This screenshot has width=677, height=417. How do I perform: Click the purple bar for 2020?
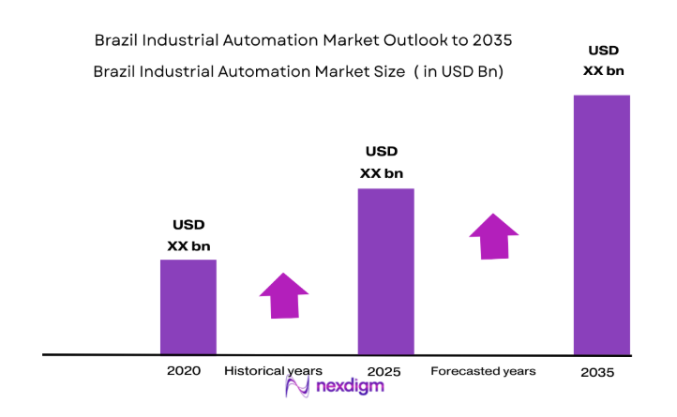pyautogui.click(x=188, y=306)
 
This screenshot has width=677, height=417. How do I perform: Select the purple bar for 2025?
pyautogui.click(x=385, y=271)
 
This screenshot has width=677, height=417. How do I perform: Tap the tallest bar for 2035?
pyautogui.click(x=601, y=224)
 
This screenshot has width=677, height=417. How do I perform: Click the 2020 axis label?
pyautogui.click(x=184, y=371)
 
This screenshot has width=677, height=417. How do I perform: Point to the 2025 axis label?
pyautogui.click(x=384, y=372)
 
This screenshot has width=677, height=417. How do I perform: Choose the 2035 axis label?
pyautogui.click(x=596, y=372)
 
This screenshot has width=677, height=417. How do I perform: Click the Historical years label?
pyautogui.click(x=273, y=371)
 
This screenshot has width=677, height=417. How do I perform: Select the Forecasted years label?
pyautogui.click(x=483, y=371)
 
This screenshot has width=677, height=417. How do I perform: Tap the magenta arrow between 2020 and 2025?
pyautogui.click(x=284, y=295)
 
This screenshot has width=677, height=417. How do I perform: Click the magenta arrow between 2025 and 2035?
pyautogui.click(x=493, y=236)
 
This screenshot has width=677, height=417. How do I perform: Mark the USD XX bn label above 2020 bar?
pyautogui.click(x=188, y=235)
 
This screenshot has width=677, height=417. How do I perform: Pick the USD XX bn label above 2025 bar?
pyautogui.click(x=382, y=161)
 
